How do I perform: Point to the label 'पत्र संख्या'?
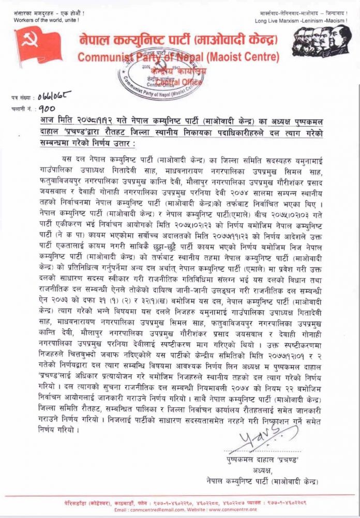click(21, 97)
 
